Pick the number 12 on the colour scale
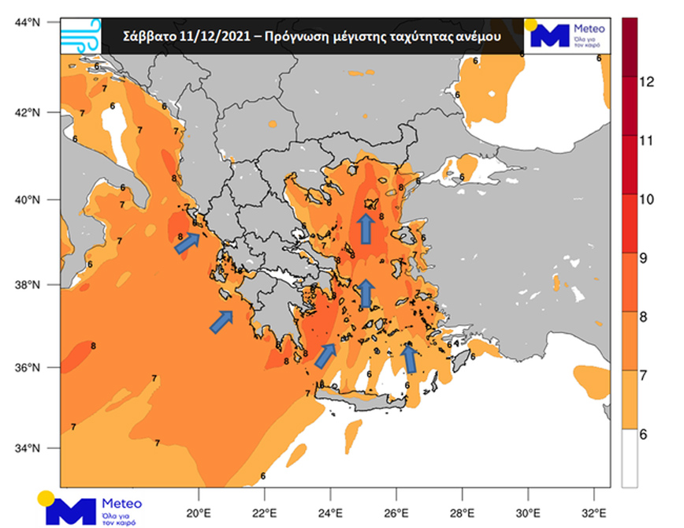pyautogui.click(x=647, y=82)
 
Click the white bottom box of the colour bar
pyautogui.click(x=630, y=459)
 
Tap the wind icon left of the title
pyautogui.click(x=80, y=36)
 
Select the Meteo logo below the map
pyautogui.click(x=91, y=507)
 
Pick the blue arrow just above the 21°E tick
pyautogui.click(x=222, y=321)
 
